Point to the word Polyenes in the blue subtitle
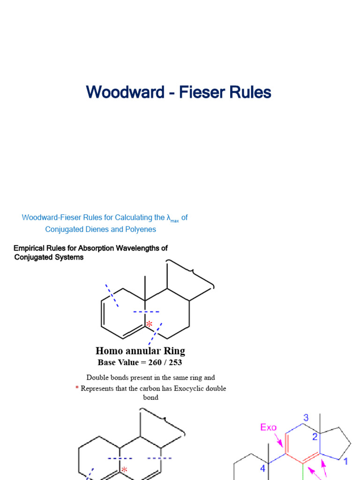tap(141, 229)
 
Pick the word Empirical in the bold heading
tap(32, 248)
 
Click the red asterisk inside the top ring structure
tap(149, 324)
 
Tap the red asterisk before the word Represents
tap(77, 389)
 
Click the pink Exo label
tap(268, 427)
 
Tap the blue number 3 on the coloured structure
tap(305, 418)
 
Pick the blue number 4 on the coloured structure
tap(263, 468)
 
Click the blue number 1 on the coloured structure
tap(345, 462)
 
